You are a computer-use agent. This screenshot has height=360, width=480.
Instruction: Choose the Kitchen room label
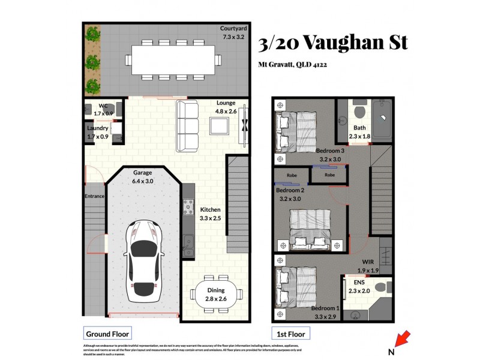(211, 209)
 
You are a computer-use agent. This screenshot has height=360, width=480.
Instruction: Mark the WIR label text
(368, 262)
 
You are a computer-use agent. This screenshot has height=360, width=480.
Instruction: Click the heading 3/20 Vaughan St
(332, 43)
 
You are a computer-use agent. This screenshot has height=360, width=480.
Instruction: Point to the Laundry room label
(97, 128)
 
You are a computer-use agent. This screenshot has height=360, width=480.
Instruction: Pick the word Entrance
(95, 196)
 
